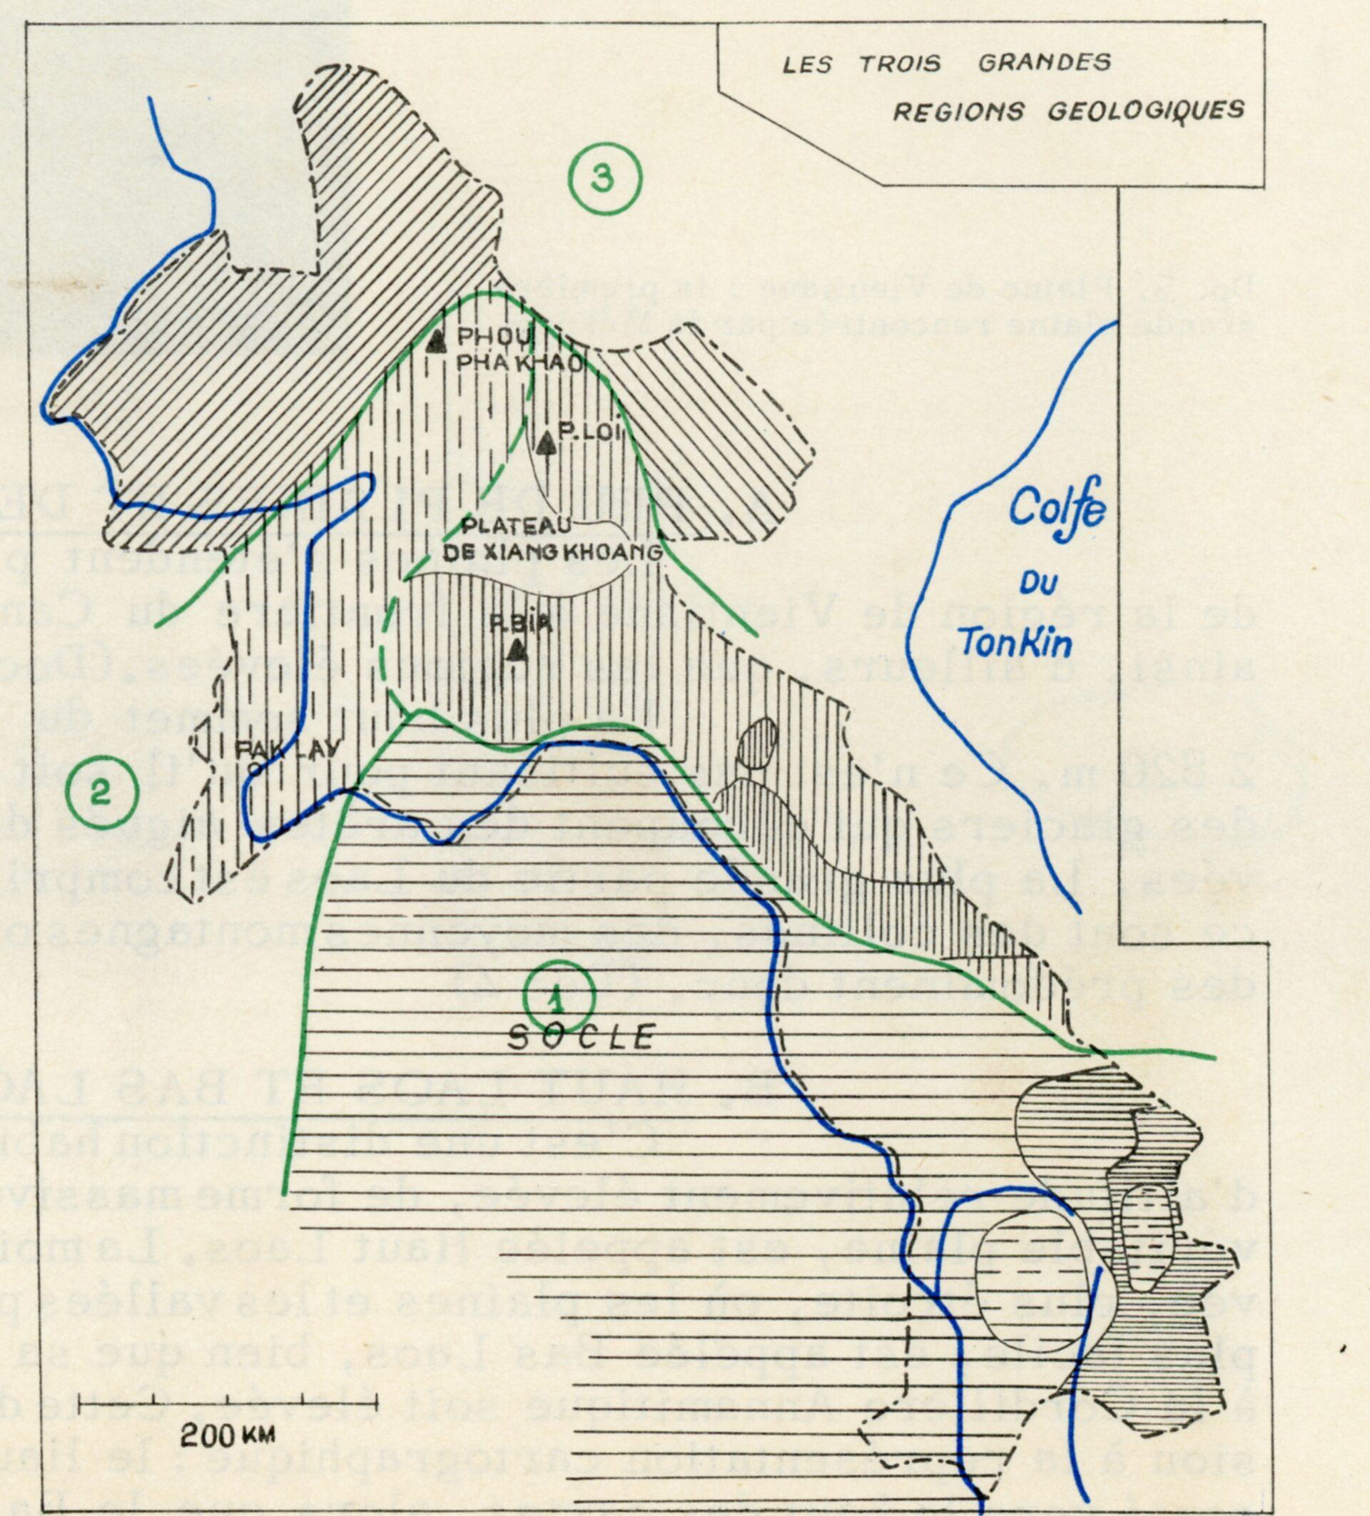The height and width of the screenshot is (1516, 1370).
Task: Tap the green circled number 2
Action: (x=102, y=793)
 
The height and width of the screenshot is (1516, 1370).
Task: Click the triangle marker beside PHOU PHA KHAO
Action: (x=435, y=343)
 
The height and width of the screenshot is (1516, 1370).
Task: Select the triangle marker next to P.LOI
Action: (x=547, y=445)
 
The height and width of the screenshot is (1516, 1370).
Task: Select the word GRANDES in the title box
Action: (x=1045, y=62)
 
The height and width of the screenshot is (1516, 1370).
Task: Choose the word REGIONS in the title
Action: (x=958, y=111)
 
